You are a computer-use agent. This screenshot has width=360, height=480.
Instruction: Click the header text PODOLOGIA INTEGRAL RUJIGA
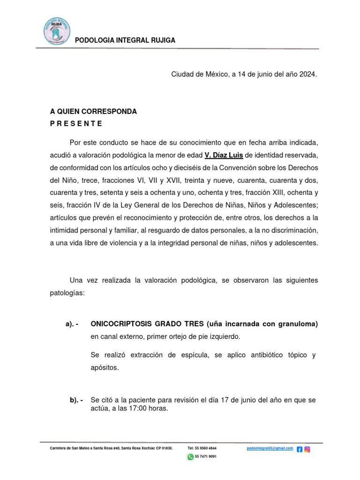point(125,40)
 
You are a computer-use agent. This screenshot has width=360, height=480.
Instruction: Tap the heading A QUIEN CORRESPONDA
point(93,112)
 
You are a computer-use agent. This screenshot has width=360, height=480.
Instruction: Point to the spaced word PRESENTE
point(76,124)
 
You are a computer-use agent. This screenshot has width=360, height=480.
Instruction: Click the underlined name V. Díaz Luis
point(224,155)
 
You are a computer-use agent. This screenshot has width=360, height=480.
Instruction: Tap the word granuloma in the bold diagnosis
point(296,324)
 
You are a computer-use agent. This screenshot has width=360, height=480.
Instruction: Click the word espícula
point(193,355)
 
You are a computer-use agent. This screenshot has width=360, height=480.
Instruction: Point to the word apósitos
point(105,367)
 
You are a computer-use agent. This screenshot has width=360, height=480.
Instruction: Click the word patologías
point(67,292)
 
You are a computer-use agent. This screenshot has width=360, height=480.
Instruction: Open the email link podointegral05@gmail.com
point(270,449)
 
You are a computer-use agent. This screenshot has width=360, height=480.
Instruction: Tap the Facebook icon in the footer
point(300,449)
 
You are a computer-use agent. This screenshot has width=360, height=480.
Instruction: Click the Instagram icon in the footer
point(307,449)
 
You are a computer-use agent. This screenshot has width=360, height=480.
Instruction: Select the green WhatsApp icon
point(190,457)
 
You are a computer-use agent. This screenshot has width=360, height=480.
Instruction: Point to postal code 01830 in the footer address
point(166,449)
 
